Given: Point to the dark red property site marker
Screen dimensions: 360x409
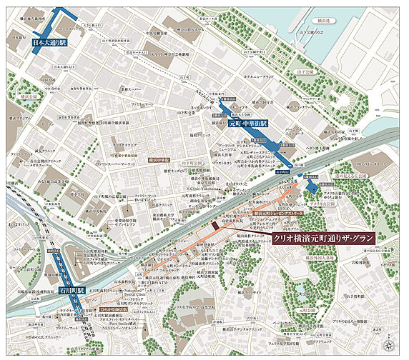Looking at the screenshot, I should [x=214, y=226].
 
